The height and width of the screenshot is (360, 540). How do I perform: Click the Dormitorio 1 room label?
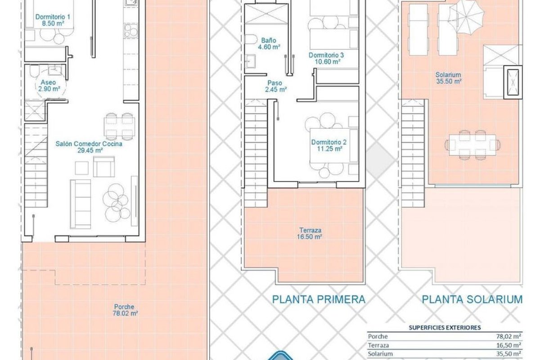[53, 17]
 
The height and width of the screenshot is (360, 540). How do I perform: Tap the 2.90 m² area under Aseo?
[49, 89]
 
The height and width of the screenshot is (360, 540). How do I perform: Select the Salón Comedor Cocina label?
[89, 144]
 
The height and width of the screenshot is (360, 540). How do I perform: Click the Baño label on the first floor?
[269, 40]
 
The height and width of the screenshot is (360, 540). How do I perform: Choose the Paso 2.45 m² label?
[275, 86]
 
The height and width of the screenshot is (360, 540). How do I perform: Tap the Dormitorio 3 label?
[326, 55]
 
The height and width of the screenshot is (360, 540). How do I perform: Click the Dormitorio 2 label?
[329, 142]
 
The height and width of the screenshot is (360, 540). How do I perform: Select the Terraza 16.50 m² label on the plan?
[310, 234]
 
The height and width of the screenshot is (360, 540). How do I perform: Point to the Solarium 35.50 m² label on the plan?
[448, 78]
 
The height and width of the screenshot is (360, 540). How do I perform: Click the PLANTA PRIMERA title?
[319, 300]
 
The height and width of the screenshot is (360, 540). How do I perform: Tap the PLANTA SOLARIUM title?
[472, 300]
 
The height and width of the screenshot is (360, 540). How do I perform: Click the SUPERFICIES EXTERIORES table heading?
[445, 328]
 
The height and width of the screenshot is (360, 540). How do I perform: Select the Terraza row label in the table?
[378, 345]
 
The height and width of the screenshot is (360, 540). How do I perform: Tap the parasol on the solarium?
[467, 17]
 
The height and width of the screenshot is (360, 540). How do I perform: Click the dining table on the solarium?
[472, 145]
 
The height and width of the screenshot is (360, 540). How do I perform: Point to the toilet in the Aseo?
[34, 71]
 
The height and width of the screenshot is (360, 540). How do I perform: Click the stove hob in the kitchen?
[131, 31]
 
